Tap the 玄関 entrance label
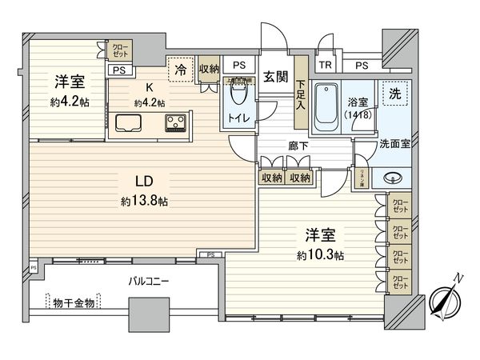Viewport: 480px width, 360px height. click(278, 77)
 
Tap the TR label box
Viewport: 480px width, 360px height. click(326, 66)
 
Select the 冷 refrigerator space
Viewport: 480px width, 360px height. click(182, 70)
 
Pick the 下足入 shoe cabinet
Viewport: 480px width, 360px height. click(300, 94)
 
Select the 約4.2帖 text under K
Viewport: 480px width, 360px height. click(149, 102)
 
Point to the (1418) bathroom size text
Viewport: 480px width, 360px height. click(358, 114)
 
